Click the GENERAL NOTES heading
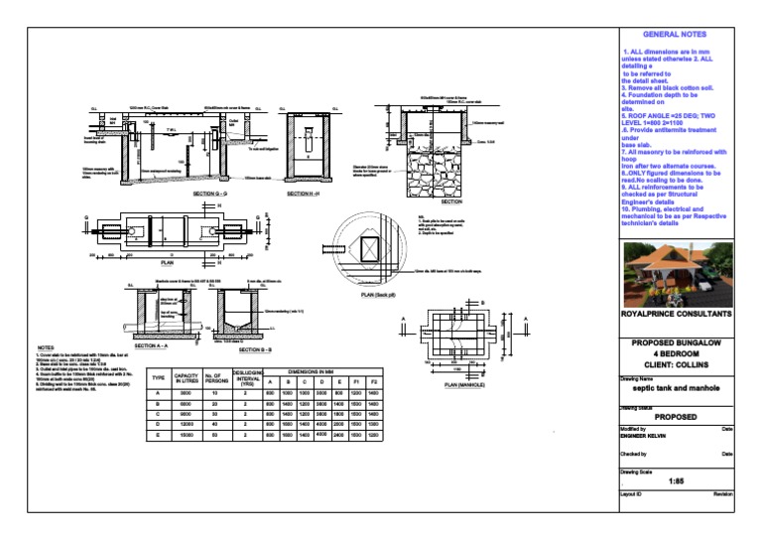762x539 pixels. pyautogui.click(x=674, y=35)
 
